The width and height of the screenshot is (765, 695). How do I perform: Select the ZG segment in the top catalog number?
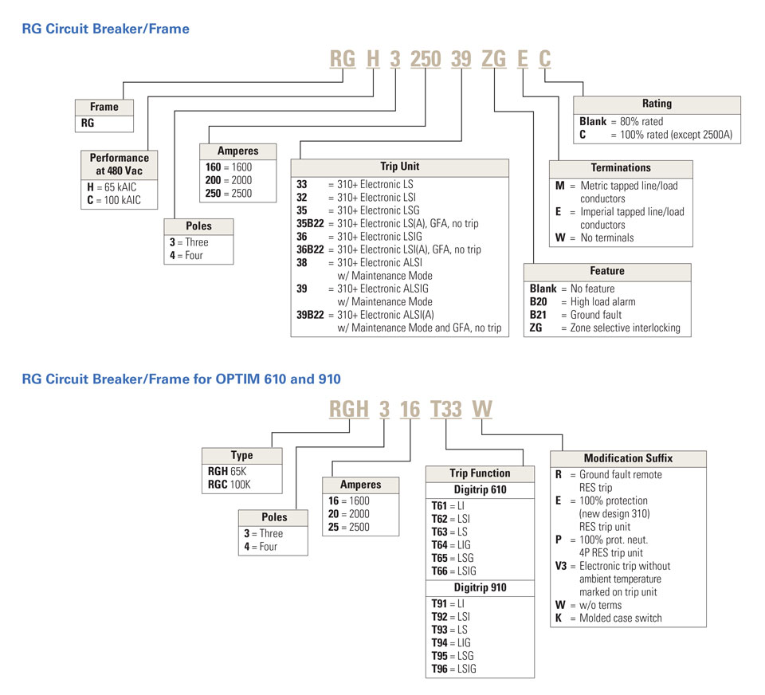pyautogui.click(x=494, y=59)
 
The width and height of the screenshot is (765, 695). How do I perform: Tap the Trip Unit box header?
pyautogui.click(x=399, y=167)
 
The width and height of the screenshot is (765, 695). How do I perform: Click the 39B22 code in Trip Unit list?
pyautogui.click(x=310, y=315)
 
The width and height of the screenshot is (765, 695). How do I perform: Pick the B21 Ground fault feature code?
pyautogui.click(x=540, y=315)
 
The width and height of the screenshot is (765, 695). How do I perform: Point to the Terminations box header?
pyautogui.click(x=621, y=168)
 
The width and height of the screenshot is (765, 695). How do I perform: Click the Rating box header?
pyautogui.click(x=657, y=104)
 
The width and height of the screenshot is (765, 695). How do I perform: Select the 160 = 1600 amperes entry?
pyautogui.click(x=227, y=168)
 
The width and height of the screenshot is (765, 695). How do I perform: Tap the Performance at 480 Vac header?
pyautogui.click(x=119, y=163)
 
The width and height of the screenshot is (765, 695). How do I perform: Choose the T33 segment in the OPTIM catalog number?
pyautogui.click(x=445, y=410)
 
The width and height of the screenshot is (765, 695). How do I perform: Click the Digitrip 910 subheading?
pyautogui.click(x=480, y=587)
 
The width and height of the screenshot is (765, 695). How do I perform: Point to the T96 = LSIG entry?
pyautogui.click(x=453, y=669)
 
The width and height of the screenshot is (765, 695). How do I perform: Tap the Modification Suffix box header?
pyautogui.click(x=628, y=458)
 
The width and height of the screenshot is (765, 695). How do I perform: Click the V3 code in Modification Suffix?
pyautogui.click(x=561, y=566)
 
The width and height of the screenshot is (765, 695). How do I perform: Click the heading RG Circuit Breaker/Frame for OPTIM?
pyautogui.click(x=181, y=379)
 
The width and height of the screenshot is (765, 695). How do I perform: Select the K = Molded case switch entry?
pyautogui.click(x=609, y=618)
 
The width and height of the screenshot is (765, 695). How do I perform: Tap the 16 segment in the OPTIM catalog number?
pyautogui.click(x=410, y=410)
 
